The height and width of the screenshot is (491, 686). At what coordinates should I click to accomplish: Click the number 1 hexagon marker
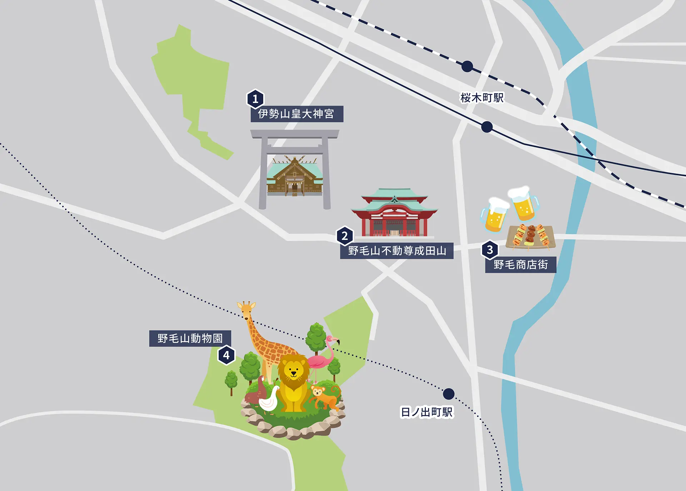pos(255,99)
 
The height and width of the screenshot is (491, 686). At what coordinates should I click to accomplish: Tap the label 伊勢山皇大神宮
pos(297,114)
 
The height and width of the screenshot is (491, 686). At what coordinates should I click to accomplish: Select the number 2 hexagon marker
pos(345,236)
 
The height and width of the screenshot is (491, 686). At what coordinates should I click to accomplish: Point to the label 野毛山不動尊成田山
pos(397,251)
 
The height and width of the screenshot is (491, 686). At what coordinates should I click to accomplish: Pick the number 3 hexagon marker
pos(490,250)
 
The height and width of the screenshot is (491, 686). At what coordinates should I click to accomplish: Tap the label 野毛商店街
pos(521,265)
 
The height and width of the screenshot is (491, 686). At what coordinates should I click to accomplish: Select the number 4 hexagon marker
pos(226,355)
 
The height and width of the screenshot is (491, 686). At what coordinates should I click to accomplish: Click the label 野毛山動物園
pos(190,338)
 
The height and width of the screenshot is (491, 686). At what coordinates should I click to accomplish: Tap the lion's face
pos(293,370)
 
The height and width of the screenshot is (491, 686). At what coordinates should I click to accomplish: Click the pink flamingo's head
pos(332,340)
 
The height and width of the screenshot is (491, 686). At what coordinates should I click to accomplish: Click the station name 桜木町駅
pos(482,98)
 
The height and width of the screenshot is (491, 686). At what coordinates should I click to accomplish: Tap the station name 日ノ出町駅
pos(427,412)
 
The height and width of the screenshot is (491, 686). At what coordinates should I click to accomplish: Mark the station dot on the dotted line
pos(449,394)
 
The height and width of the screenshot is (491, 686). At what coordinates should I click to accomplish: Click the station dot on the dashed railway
pos(467,66)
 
